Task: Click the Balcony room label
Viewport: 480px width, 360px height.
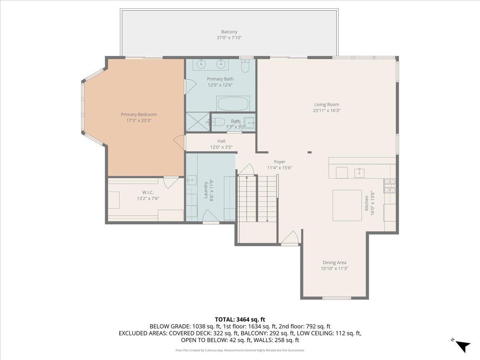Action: point(229,32)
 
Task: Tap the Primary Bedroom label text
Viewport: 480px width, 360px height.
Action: point(139,114)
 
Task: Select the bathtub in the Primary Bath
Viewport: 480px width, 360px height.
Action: point(233,104)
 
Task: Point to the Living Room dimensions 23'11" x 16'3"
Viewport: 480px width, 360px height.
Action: point(326,111)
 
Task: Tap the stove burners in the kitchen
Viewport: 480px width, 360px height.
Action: point(390,186)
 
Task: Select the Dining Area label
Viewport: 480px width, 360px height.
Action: point(334,262)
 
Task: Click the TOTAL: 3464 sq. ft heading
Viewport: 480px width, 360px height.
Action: point(240,320)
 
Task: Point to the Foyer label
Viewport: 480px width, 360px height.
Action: point(280,162)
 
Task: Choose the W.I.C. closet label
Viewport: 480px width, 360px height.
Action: point(148,192)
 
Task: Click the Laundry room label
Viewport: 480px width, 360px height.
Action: point(206,190)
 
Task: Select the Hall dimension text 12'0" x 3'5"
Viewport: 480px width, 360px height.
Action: point(221,147)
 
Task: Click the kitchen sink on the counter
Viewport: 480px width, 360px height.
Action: point(359,173)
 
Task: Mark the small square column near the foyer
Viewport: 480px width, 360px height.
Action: point(310,152)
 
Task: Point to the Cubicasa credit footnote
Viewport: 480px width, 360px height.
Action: point(240,350)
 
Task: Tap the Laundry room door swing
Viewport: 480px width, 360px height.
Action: point(210,216)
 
